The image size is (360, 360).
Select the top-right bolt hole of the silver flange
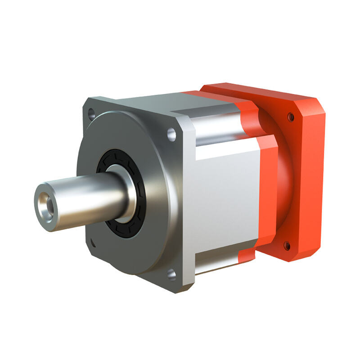171,134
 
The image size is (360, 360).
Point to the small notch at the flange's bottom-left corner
93,245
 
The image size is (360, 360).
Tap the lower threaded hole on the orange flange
287,246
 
